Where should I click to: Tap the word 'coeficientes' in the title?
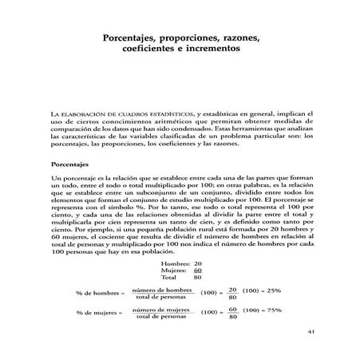click(154, 48)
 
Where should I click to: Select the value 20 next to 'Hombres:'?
click(198, 263)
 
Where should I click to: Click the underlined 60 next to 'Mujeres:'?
click(198, 271)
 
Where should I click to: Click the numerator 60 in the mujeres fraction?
click(233, 307)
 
